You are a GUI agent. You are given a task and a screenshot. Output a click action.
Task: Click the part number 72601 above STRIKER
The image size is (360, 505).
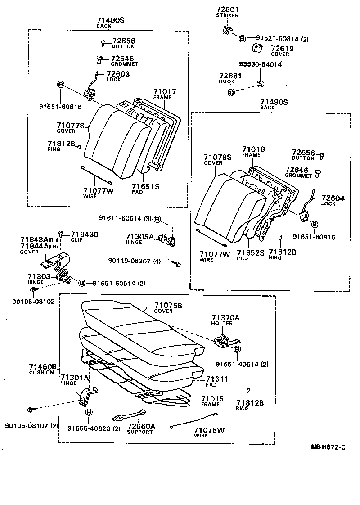(x=227, y=9)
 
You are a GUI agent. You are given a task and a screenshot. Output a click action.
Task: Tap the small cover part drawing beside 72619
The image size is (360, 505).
(x=257, y=48)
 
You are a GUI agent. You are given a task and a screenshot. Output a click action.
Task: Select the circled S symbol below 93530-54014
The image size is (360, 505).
(x=260, y=84)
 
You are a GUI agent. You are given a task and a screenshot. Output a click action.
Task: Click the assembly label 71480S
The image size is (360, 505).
(x=110, y=20)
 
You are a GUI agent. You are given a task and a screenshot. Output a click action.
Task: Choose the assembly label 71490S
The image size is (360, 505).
(x=274, y=102)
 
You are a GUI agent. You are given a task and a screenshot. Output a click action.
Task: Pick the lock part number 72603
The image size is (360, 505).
(x=118, y=74)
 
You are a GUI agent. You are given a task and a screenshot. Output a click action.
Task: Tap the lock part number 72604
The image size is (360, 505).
(x=333, y=198)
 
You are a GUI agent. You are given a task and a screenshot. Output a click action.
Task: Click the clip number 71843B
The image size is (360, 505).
(x=85, y=234)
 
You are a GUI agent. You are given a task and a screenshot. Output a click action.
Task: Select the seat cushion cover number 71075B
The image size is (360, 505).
(x=168, y=305)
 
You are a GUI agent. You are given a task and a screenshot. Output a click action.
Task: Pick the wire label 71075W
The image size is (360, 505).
(x=209, y=430)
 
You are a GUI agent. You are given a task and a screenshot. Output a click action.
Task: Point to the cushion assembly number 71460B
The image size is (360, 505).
(x=43, y=367)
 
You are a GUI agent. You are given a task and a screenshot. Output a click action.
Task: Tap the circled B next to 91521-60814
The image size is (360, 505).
(x=242, y=39)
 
